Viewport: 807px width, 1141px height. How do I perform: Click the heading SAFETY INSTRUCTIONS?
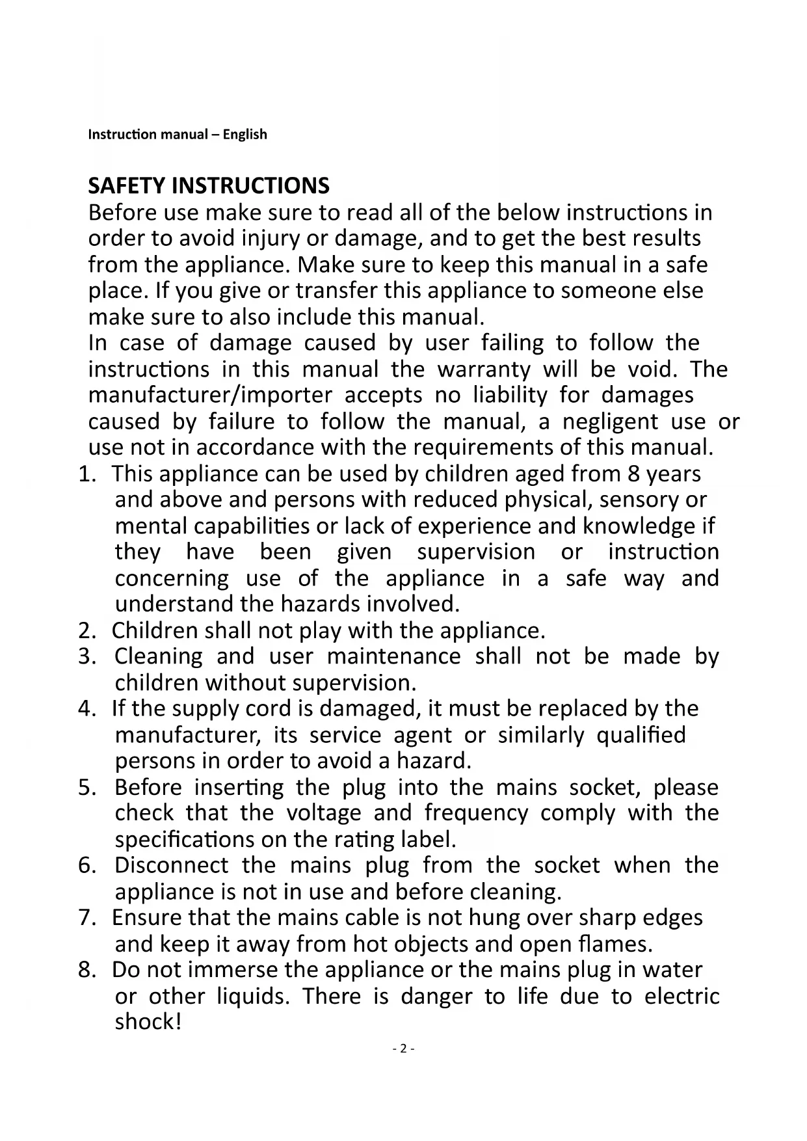[208, 186]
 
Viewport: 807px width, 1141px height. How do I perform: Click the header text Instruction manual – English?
[178, 135]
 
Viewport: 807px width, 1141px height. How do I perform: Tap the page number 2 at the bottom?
[403, 1048]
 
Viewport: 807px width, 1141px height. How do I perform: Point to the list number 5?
[86, 788]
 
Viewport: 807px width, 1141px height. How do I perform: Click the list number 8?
[86, 971]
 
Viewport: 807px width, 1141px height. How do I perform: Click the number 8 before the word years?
[634, 474]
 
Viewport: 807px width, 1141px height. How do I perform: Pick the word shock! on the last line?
[148, 1022]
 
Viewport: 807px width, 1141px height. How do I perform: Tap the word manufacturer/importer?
[210, 396]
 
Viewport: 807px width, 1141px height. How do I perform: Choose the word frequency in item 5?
[476, 813]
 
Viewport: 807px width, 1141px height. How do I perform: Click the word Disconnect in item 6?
[171, 865]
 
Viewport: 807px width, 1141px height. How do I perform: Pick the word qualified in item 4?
[641, 735]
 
